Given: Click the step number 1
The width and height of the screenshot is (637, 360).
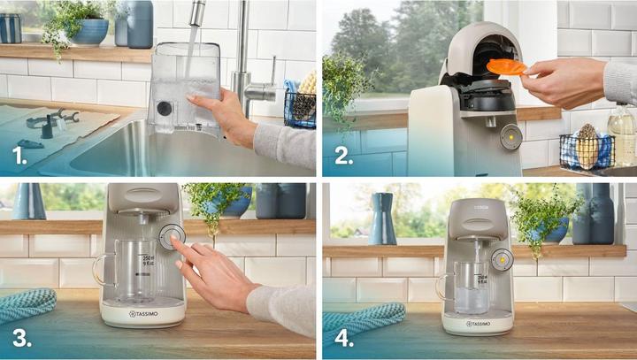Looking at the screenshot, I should (18, 158).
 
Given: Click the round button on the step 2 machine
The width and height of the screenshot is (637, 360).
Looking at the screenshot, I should (510, 137).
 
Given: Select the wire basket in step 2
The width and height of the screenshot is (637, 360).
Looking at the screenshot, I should (586, 149).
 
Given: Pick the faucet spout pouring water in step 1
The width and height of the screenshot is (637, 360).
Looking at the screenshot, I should (196, 13).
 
